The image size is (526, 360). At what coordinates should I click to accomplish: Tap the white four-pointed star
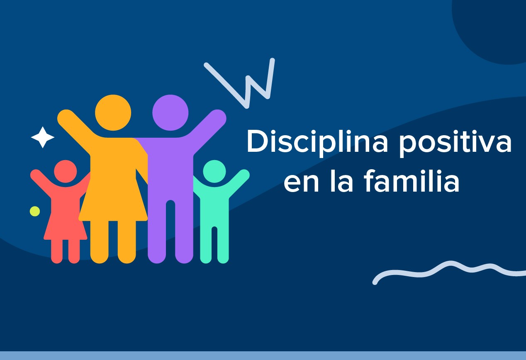42,137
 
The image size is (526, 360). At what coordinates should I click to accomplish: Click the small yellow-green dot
35,211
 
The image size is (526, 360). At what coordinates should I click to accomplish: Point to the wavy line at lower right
448,270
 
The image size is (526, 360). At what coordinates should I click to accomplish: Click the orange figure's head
113,112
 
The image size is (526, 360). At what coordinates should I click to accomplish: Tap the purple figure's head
170,112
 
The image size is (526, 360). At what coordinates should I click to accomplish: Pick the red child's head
65,171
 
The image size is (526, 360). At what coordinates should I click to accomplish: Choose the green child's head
214,171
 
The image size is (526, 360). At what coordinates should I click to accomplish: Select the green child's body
214,212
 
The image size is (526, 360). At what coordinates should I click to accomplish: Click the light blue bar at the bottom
263,355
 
